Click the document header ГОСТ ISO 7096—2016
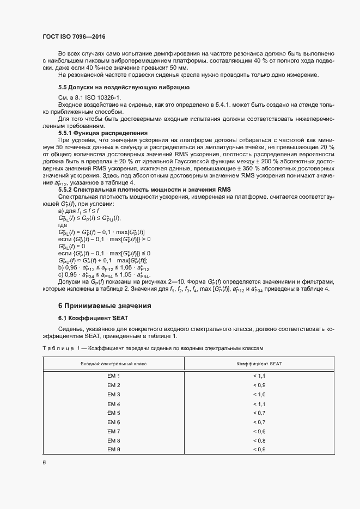pos(74,37)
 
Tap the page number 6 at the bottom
pos(44,463)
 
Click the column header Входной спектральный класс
pos(113,364)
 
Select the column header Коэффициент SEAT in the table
pos(259,364)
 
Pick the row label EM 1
pos(113,376)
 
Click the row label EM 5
pos(113,413)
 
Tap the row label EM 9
pos(113,449)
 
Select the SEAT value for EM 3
pos(259,394)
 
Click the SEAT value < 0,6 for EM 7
pos(259,431)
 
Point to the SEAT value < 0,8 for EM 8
pos(259,440)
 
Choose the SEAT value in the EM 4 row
pos(259,404)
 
